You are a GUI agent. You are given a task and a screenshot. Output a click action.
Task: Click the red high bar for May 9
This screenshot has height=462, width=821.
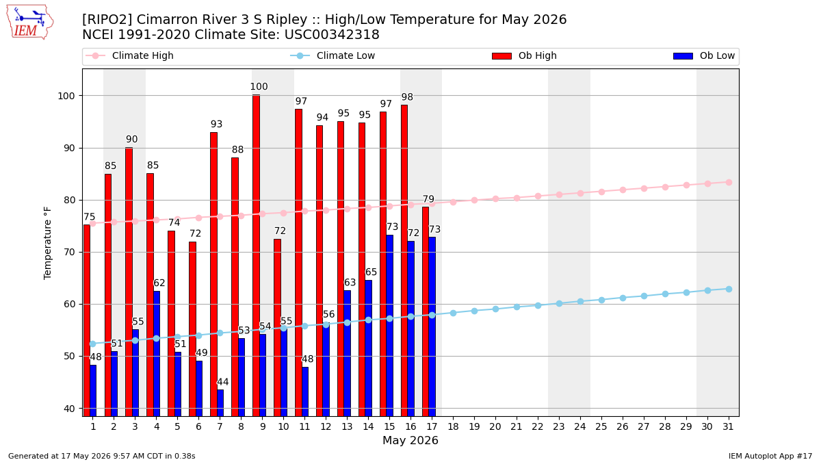tap(256, 255)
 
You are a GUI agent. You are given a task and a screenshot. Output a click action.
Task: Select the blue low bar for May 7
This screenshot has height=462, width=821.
tap(220, 403)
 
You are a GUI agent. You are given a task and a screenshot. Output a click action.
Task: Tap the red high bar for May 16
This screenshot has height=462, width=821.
tap(404, 261)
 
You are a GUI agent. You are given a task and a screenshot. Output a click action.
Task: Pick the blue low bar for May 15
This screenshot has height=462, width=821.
tap(389, 326)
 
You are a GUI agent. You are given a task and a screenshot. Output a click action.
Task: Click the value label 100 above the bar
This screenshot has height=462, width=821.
tap(259, 86)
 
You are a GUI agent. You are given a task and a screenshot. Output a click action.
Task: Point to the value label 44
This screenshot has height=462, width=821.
tap(223, 382)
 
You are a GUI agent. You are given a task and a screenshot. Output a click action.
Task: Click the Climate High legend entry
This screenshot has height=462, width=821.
tap(129, 55)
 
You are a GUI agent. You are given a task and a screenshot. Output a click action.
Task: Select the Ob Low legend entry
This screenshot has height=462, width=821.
tap(704, 55)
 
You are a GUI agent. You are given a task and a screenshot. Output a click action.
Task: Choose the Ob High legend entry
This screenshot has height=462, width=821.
tap(524, 55)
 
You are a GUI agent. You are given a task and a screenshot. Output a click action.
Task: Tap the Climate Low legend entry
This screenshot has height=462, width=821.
tap(333, 55)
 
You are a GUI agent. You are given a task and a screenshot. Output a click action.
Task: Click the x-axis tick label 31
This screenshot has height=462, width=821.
tap(728, 427)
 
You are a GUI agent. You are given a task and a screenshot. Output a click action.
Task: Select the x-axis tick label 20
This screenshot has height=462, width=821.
tap(495, 427)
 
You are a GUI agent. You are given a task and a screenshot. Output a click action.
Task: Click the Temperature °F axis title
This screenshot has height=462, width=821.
tap(48, 243)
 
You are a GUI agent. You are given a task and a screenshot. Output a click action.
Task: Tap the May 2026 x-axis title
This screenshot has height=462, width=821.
tap(410, 440)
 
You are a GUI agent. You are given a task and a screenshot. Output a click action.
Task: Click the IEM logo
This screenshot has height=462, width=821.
tap(29, 23)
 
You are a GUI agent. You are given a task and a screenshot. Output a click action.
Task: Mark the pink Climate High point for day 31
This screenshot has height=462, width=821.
tap(729, 183)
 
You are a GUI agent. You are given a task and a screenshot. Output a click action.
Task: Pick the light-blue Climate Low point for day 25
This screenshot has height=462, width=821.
tap(601, 300)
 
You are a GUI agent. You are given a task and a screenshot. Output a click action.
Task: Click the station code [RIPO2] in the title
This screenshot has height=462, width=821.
tap(107, 19)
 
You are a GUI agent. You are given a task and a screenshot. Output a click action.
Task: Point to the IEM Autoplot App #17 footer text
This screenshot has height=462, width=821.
tap(770, 456)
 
